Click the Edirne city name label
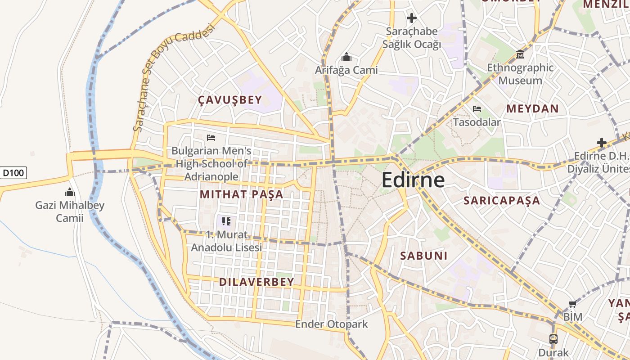click(413, 180)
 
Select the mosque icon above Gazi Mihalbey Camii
click(70, 193)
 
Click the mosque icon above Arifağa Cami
click(346, 57)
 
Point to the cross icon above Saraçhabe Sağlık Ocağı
click(411, 18)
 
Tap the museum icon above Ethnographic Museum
click(520, 54)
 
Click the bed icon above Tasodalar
click(477, 109)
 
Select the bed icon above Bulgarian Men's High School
click(211, 137)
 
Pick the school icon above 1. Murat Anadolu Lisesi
click(226, 221)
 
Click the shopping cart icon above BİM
click(572, 304)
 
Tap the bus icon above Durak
click(553, 339)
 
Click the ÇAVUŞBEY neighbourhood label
click(230, 100)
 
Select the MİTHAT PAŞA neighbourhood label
click(242, 194)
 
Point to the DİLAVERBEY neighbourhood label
click(256, 282)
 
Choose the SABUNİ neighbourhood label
click(424, 256)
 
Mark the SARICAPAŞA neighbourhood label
click(502, 201)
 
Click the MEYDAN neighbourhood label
click(532, 108)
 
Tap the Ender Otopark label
click(331, 324)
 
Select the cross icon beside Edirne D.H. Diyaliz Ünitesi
click(602, 143)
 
